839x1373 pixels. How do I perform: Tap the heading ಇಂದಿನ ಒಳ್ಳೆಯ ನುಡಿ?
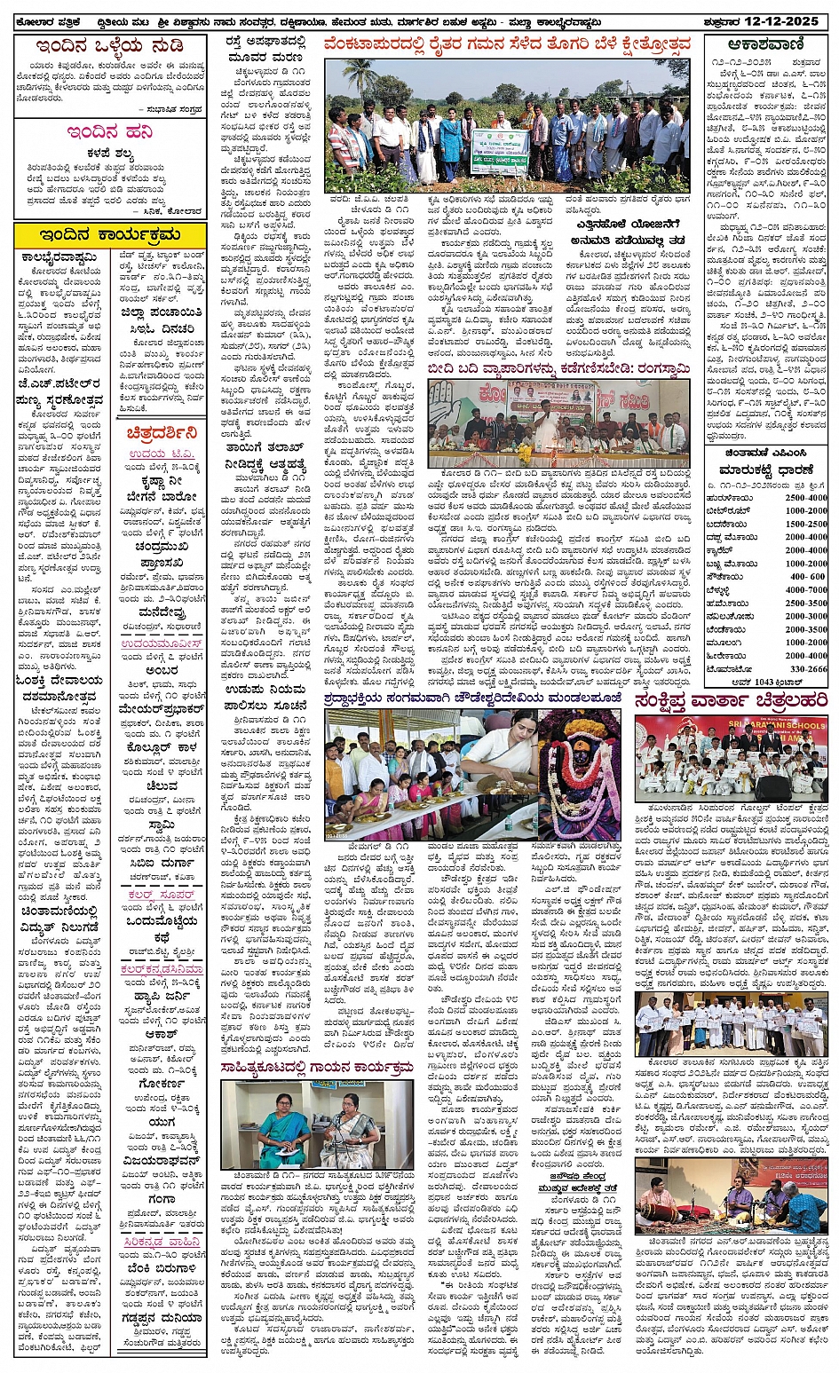click(x=110, y=45)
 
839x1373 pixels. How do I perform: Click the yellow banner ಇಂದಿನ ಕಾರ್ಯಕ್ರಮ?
click(x=110, y=234)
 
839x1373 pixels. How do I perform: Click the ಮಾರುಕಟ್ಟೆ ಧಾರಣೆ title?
click(x=768, y=470)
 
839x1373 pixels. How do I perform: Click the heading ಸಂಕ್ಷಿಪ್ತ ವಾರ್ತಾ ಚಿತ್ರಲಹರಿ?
click(x=732, y=701)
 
